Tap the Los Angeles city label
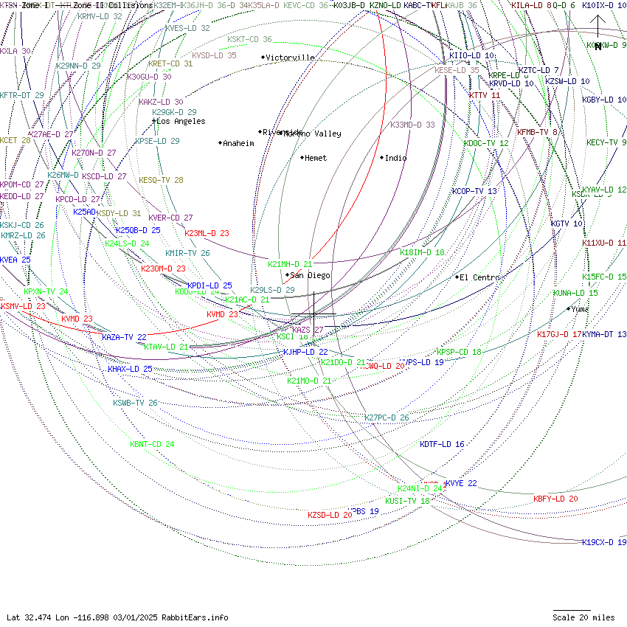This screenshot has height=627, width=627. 181,121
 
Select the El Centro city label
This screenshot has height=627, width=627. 479,277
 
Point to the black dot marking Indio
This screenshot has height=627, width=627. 382,157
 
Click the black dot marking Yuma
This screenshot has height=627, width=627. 568,308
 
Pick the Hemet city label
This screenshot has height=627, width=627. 315,158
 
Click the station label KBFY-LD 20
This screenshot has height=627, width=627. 555,499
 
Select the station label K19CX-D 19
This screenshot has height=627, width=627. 604,542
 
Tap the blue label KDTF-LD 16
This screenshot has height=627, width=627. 442,444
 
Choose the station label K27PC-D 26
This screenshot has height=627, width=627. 387,418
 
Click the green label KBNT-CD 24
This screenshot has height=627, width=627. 152,444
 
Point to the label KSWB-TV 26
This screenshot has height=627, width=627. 135,403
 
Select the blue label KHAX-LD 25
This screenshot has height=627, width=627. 130,369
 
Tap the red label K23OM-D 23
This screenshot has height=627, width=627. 163,269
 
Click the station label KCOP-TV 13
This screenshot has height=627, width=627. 474,191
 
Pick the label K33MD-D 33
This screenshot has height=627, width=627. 412,125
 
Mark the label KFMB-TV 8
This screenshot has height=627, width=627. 536,132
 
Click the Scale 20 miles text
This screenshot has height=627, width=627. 583,617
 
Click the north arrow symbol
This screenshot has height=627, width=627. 597,30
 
